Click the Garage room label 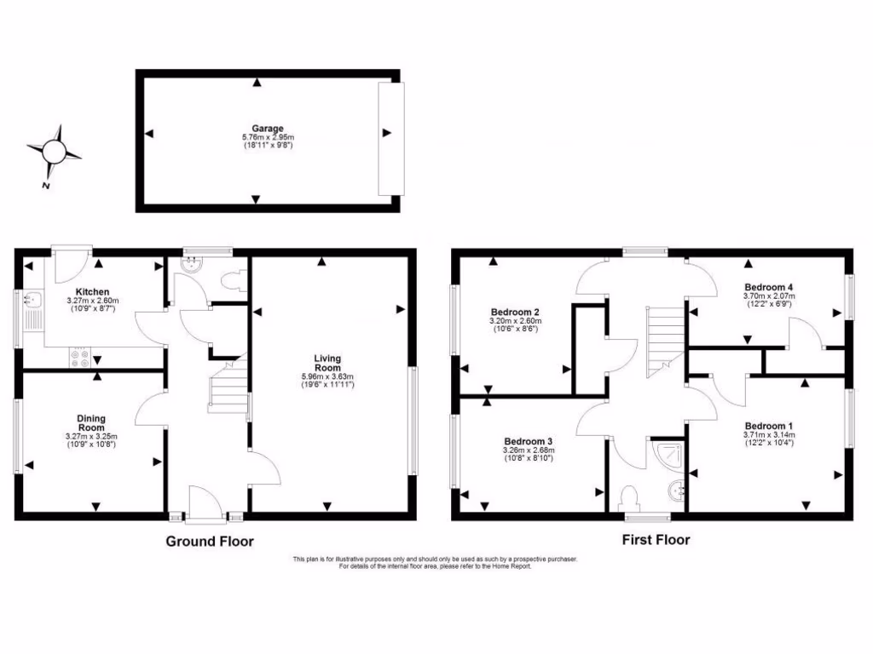pyautogui.click(x=268, y=129)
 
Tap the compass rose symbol pyautogui.click(x=55, y=151)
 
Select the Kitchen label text pyautogui.click(x=92, y=292)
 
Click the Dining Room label pyautogui.click(x=91, y=422)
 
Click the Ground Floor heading pyautogui.click(x=209, y=541)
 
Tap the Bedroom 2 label pyautogui.click(x=515, y=312)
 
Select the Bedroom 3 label pyautogui.click(x=528, y=441)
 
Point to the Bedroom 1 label pyautogui.click(x=768, y=426)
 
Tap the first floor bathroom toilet pyautogui.click(x=632, y=496)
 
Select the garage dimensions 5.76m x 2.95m pyautogui.click(x=268, y=138)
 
